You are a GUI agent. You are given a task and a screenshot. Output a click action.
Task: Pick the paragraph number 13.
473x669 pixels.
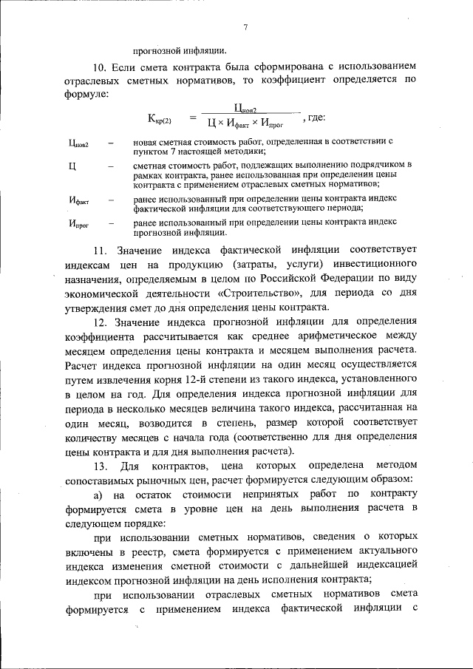click(98, 465)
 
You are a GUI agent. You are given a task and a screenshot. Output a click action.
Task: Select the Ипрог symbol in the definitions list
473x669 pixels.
click(78, 223)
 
